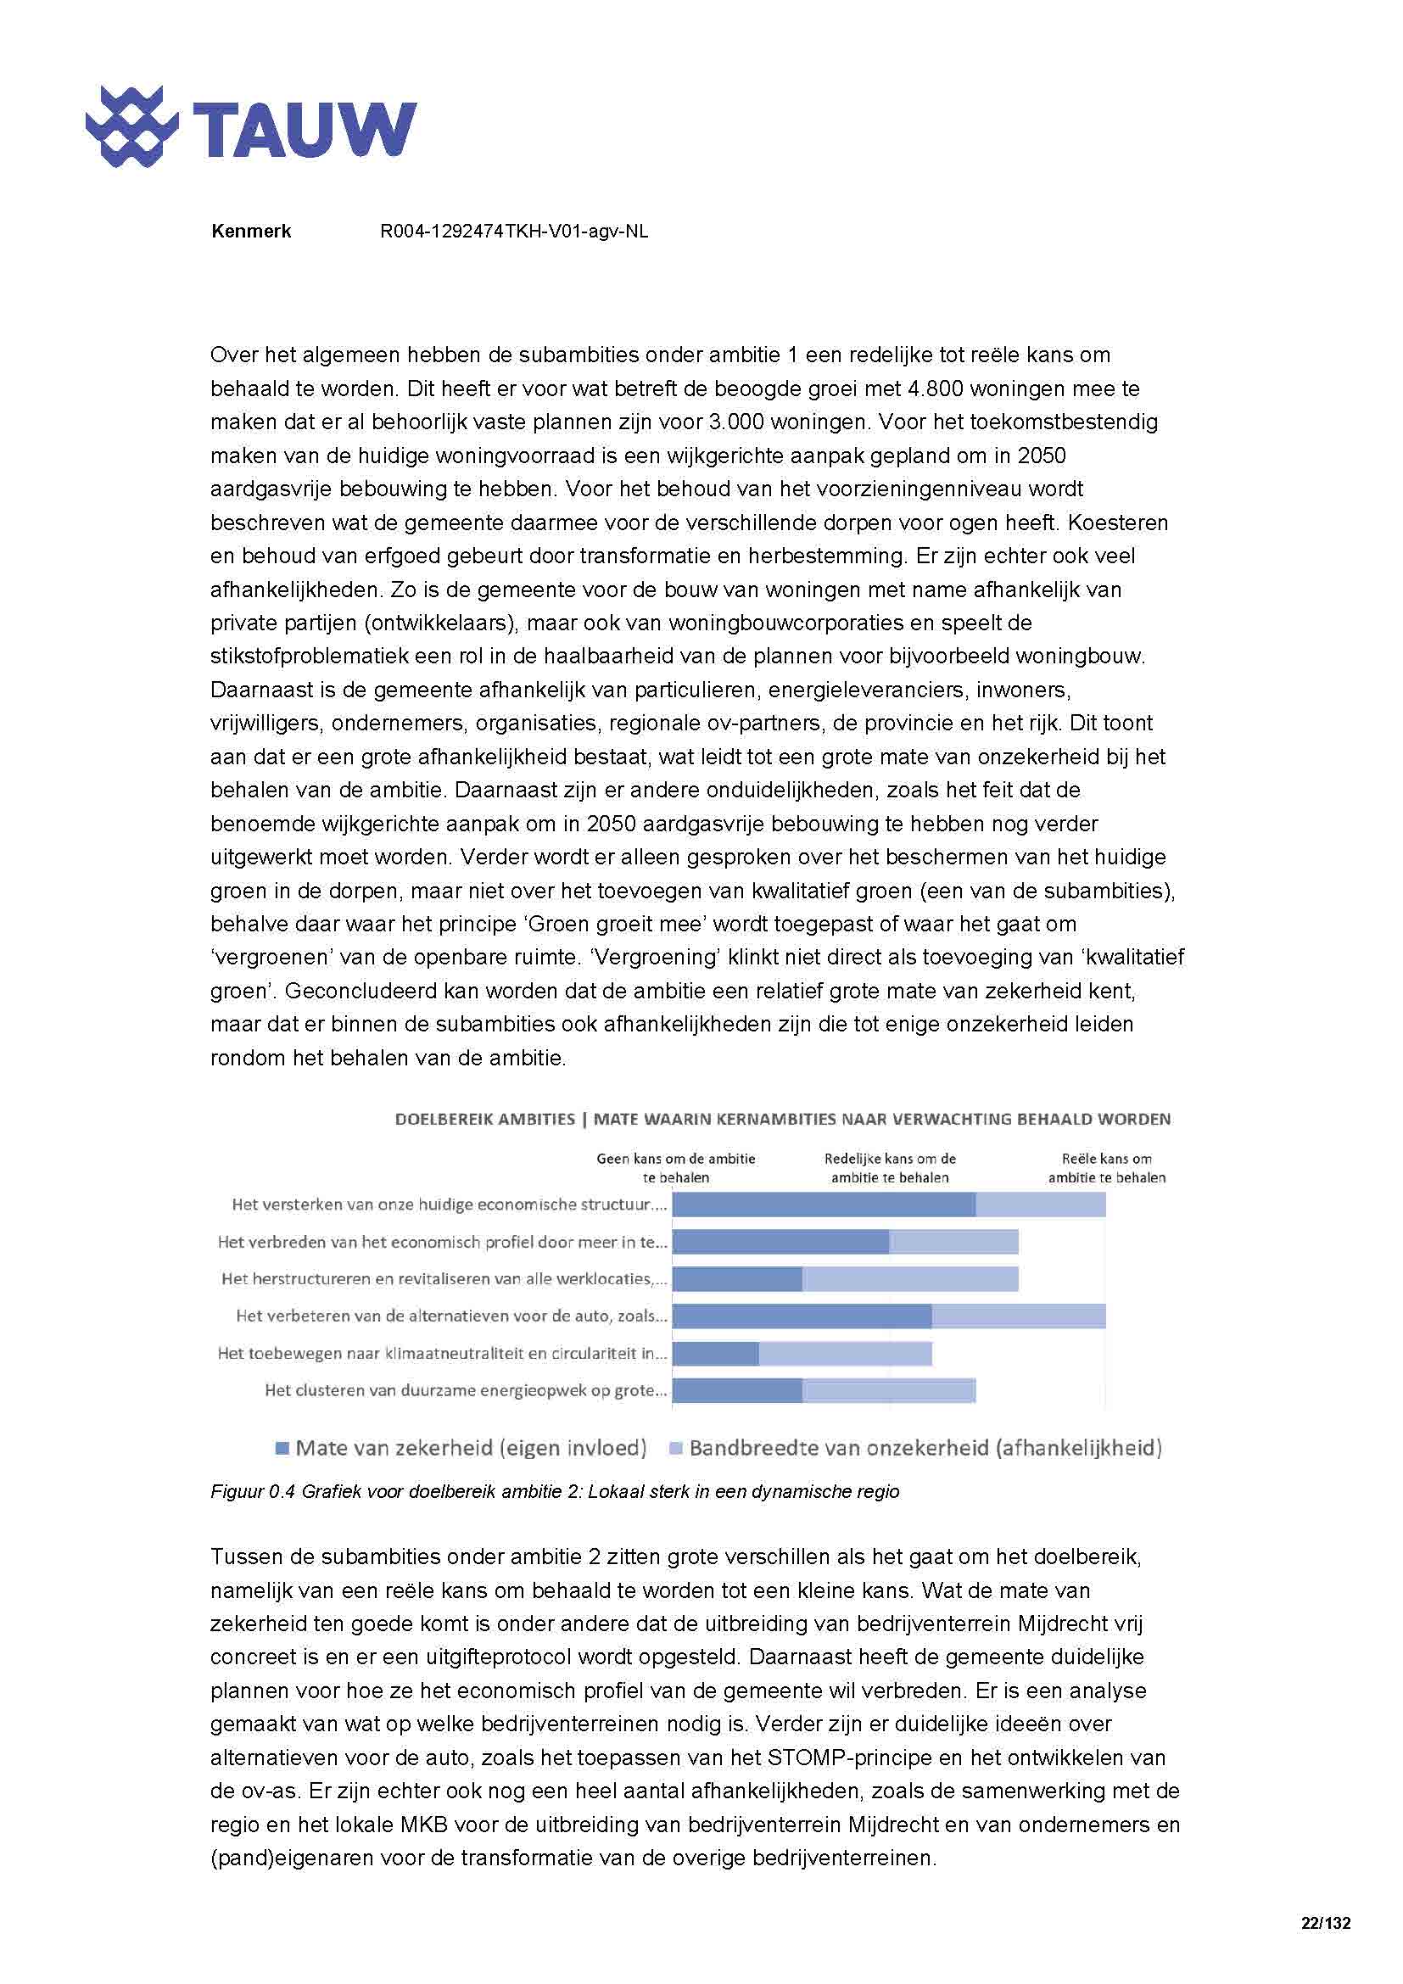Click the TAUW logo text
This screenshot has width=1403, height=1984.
pyautogui.click(x=305, y=130)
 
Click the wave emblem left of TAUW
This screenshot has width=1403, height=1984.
pyautogui.click(x=131, y=127)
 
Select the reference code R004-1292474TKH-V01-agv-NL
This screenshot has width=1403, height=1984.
pyautogui.click(x=513, y=231)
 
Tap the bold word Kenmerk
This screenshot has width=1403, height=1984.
pyautogui.click(x=250, y=231)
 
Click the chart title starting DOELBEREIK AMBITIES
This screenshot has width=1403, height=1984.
pyautogui.click(x=782, y=1119)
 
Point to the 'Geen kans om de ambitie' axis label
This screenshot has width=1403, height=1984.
pyautogui.click(x=674, y=1167)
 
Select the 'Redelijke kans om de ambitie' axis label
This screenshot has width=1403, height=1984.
pyautogui.click(x=889, y=1167)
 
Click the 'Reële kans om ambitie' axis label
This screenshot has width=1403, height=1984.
pyautogui.click(x=1106, y=1167)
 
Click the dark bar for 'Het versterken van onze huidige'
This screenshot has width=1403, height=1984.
pyautogui.click(x=823, y=1204)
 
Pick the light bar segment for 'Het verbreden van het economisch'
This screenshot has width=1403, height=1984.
pyautogui.click(x=953, y=1242)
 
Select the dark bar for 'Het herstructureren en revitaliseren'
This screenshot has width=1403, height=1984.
pyautogui.click(x=737, y=1279)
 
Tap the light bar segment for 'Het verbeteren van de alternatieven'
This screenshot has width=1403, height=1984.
pyautogui.click(x=1018, y=1316)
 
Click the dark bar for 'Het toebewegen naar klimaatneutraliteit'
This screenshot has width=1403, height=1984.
pyautogui.click(x=715, y=1353)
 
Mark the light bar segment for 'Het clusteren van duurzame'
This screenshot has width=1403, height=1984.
pyautogui.click(x=888, y=1390)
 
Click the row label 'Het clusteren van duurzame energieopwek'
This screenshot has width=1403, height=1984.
pyautogui.click(x=466, y=1390)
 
